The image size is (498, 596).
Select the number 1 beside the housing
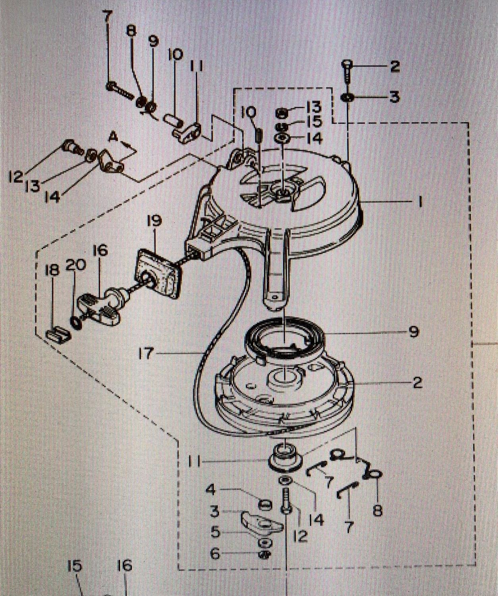pos(419,202)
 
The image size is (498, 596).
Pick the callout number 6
pos(215,553)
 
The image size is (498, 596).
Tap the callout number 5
pos(215,532)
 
